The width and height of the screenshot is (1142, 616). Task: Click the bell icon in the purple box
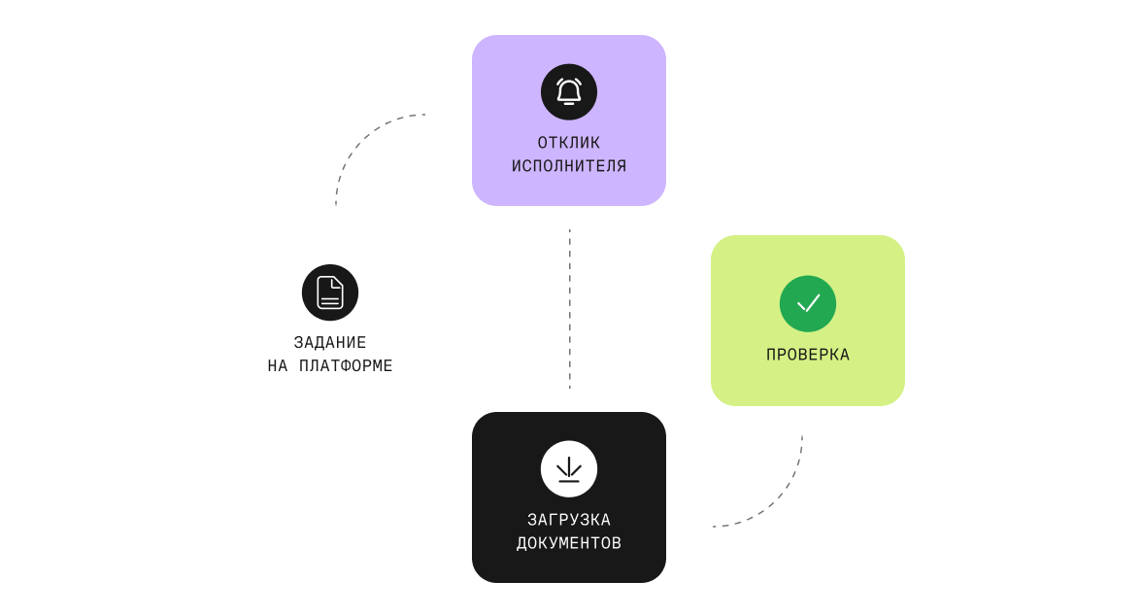[569, 92]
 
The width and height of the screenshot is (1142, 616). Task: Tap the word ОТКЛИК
[569, 142]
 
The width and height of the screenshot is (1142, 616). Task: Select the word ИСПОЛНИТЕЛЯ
[569, 165]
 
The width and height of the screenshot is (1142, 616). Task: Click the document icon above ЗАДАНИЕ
[330, 292]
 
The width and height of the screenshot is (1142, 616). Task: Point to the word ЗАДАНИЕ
[330, 342]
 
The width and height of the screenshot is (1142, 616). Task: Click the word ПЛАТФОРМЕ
[346, 365]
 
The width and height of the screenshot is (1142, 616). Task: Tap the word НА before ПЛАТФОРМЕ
[278, 365]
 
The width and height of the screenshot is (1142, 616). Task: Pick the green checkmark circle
[808, 303]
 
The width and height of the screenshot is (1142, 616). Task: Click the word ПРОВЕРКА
[808, 355]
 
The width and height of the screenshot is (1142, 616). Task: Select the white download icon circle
[569, 468]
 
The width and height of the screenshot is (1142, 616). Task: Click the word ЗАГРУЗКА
[569, 520]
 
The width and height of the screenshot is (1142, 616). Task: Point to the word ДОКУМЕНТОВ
[569, 543]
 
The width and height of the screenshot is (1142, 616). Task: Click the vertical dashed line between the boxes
[569, 309]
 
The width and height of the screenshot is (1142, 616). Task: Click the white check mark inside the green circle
[808, 303]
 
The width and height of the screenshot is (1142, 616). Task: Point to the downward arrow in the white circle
[569, 468]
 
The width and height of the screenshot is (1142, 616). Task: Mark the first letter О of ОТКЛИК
[543, 142]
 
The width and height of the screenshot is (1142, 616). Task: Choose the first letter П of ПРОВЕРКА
[771, 355]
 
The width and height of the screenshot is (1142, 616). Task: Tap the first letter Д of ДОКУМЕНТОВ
[521, 543]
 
